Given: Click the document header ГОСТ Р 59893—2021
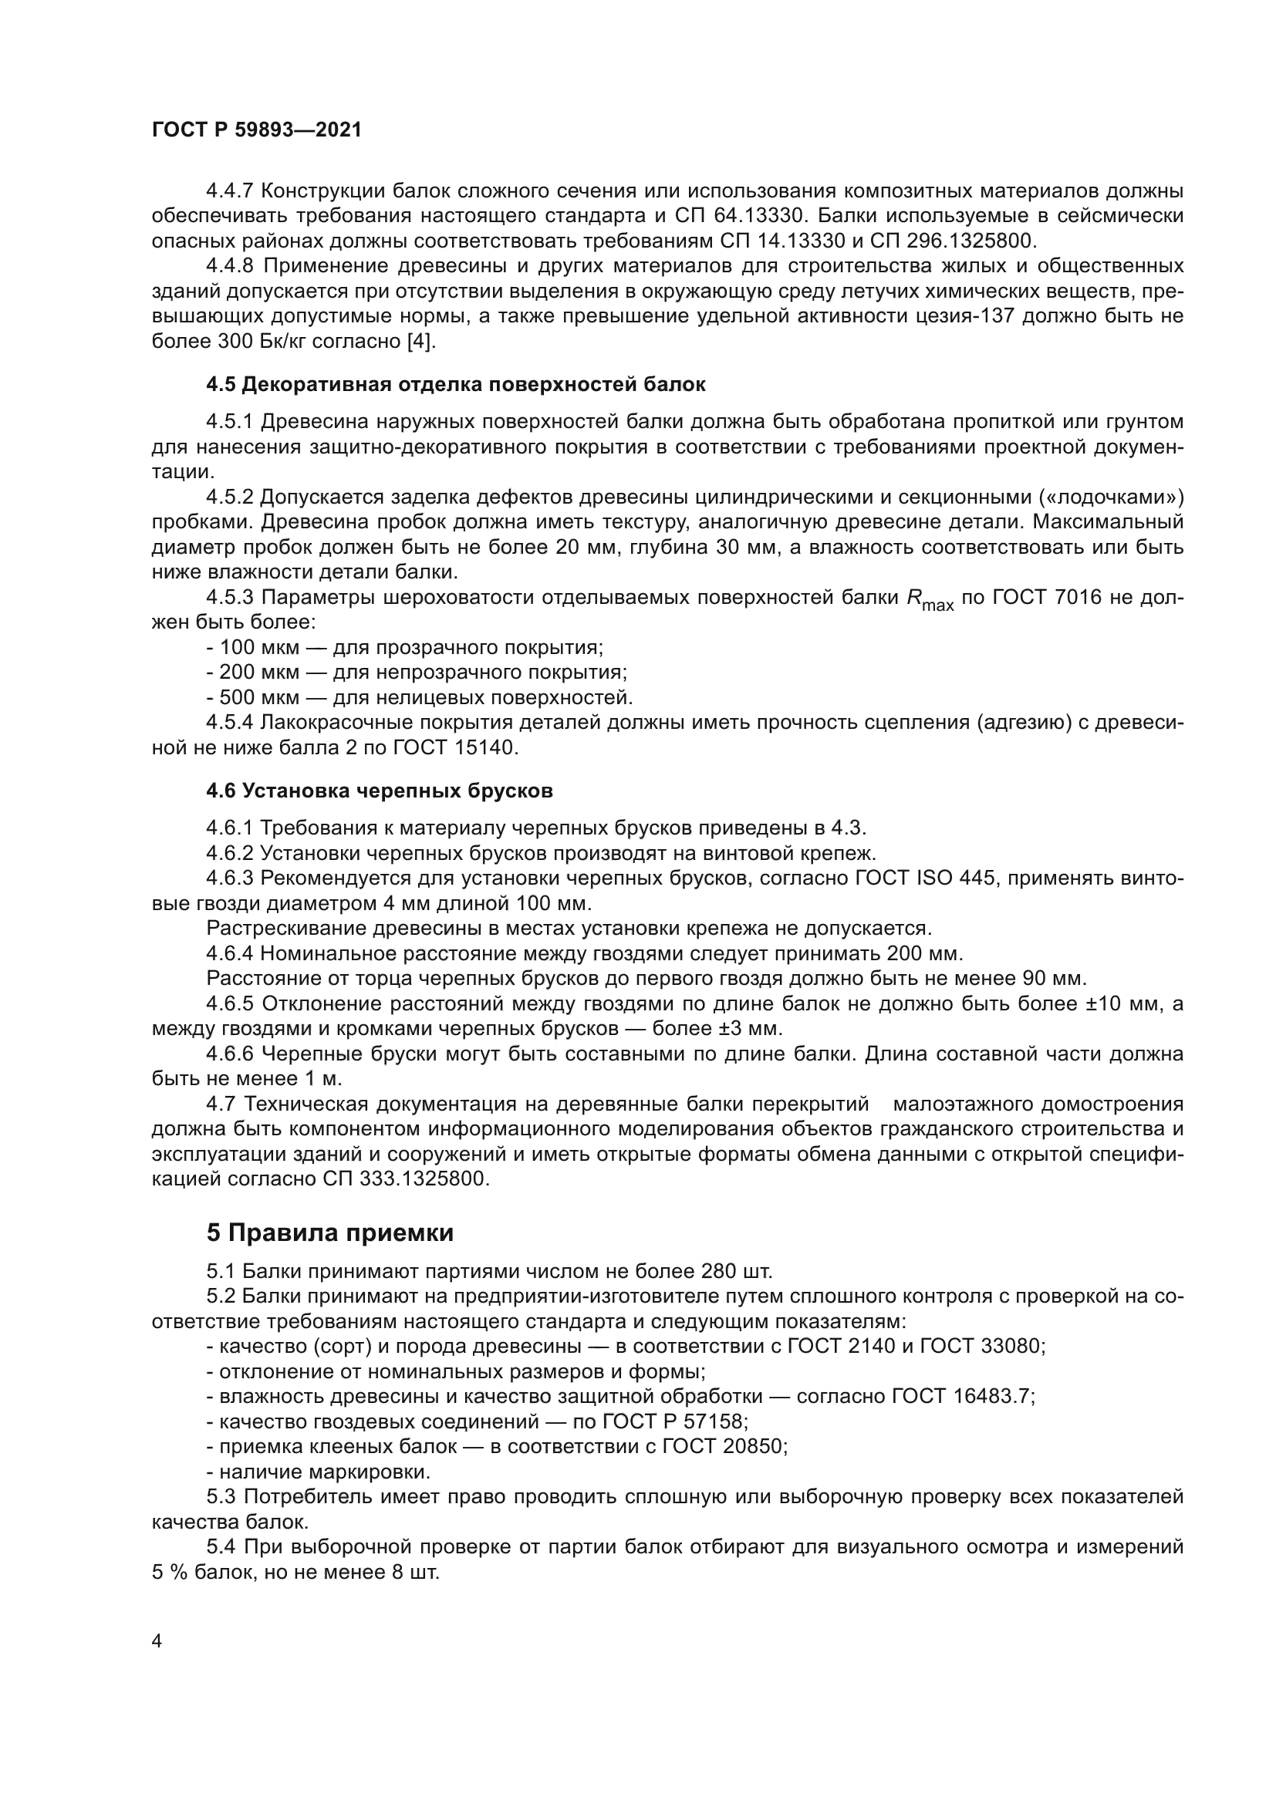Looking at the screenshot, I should pos(257,130).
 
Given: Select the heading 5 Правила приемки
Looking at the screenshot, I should pos(330,1232).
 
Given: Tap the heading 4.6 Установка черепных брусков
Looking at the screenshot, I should pos(380,791).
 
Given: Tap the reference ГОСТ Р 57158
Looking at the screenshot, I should pos(674,1421).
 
